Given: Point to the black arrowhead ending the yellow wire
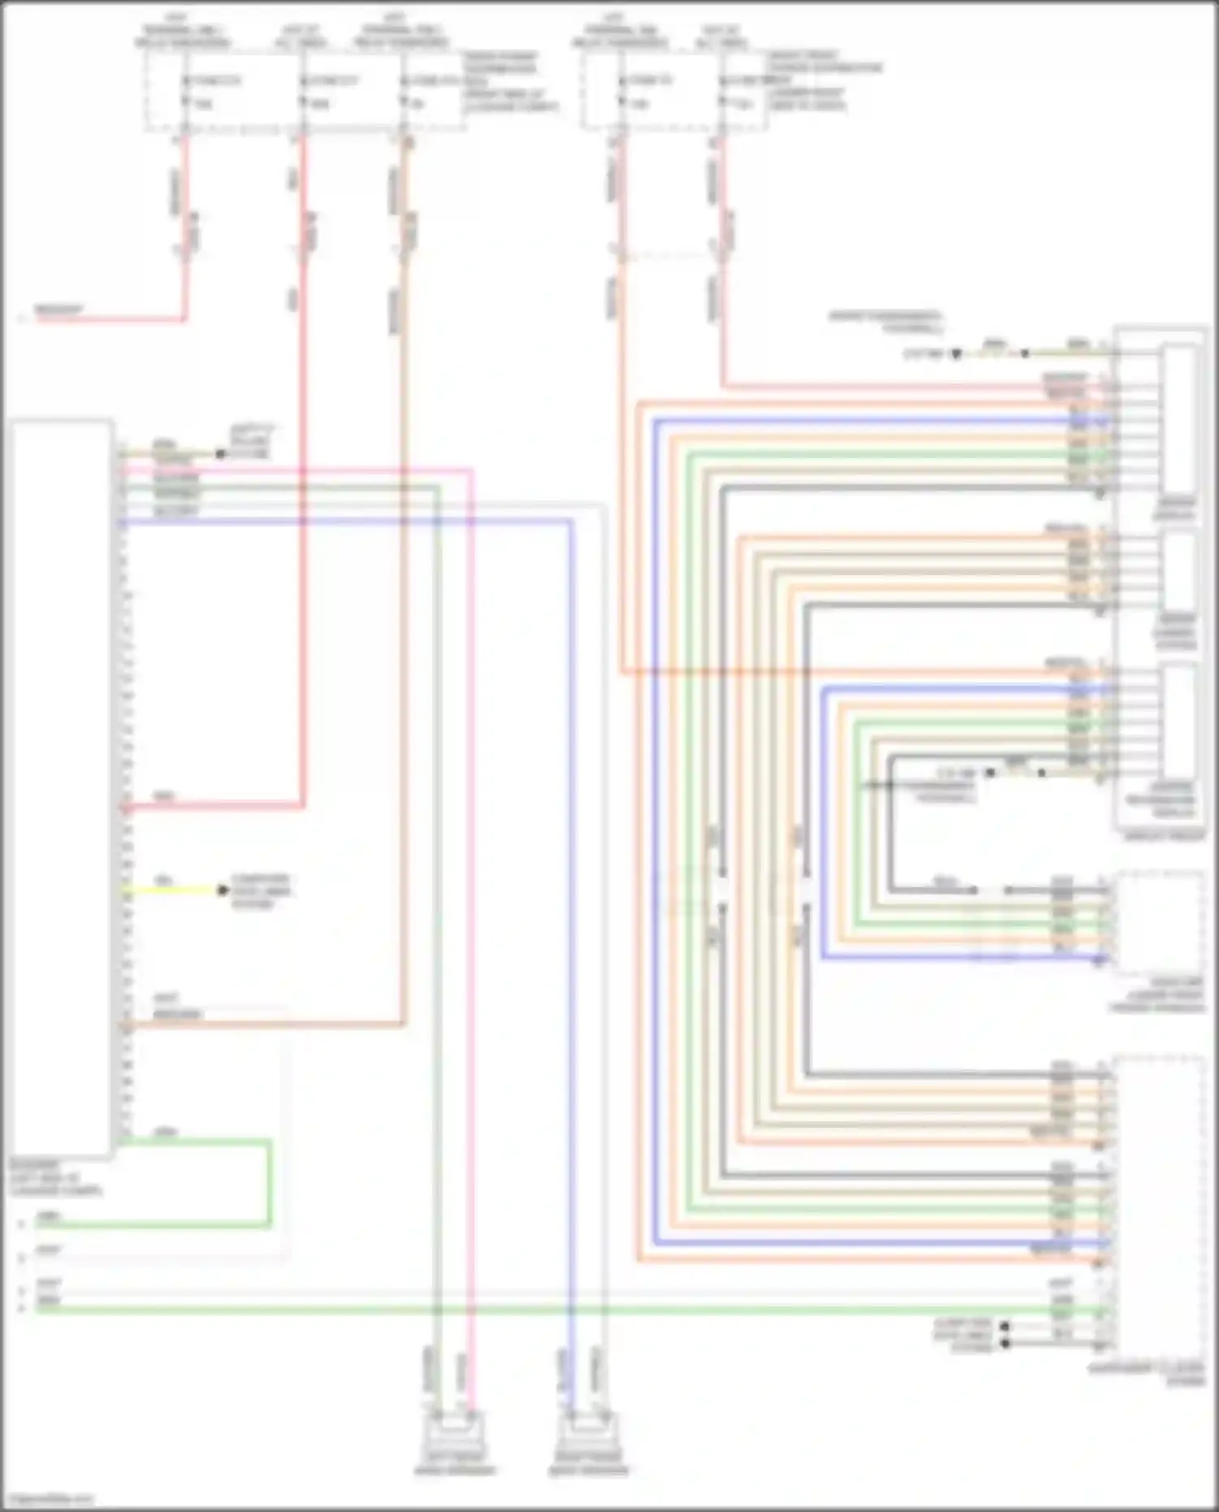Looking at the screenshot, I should click(x=223, y=890).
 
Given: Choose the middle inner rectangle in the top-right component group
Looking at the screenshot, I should click(x=1178, y=569).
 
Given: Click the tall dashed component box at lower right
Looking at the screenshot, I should click(x=1158, y=1202).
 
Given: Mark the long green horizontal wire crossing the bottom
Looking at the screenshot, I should click(x=569, y=1310).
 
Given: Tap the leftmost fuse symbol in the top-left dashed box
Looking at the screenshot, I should click(x=186, y=91).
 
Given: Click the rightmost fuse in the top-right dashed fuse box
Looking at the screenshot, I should click(x=722, y=91).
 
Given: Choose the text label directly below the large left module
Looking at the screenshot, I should click(x=57, y=1177).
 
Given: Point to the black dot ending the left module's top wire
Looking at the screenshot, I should click(x=220, y=453).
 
